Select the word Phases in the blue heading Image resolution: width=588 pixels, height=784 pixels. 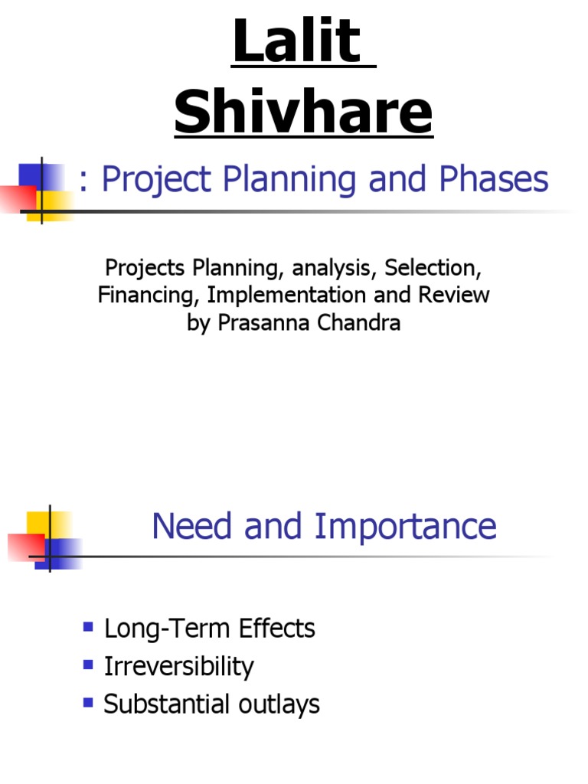point(494,180)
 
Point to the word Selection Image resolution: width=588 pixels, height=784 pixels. point(434,268)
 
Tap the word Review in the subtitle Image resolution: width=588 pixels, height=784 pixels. point(454,296)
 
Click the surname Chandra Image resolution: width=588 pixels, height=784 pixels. point(364,323)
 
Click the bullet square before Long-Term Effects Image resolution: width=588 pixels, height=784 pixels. point(88,628)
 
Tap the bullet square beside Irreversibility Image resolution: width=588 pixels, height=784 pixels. point(88,664)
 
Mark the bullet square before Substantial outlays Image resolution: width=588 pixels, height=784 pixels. point(88,701)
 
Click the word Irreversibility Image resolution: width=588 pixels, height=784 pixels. point(178,667)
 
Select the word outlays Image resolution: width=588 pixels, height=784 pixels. point(282,704)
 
